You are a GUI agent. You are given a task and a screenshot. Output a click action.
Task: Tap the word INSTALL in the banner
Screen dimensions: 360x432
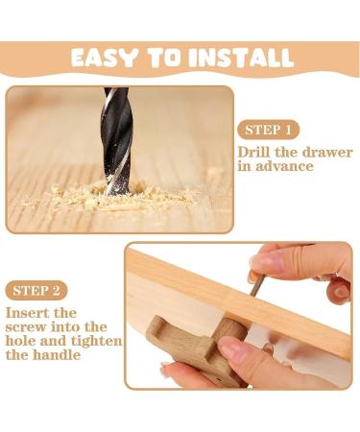(241, 58)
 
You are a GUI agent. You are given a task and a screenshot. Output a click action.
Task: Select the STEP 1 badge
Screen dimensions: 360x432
(268, 130)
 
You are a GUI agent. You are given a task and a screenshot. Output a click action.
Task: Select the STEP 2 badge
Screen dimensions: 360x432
(36, 291)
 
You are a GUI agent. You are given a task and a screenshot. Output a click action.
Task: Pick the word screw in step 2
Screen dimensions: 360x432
(27, 327)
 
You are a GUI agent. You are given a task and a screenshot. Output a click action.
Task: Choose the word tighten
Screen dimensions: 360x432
(96, 341)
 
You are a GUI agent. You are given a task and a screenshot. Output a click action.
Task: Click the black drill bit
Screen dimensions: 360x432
(117, 141)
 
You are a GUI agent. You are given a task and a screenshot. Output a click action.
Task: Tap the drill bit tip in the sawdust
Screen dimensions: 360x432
(118, 191)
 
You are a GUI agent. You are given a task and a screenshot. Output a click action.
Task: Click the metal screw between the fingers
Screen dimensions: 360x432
(256, 286)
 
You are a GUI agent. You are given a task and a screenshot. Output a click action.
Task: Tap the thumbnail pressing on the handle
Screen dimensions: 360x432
(232, 348)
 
